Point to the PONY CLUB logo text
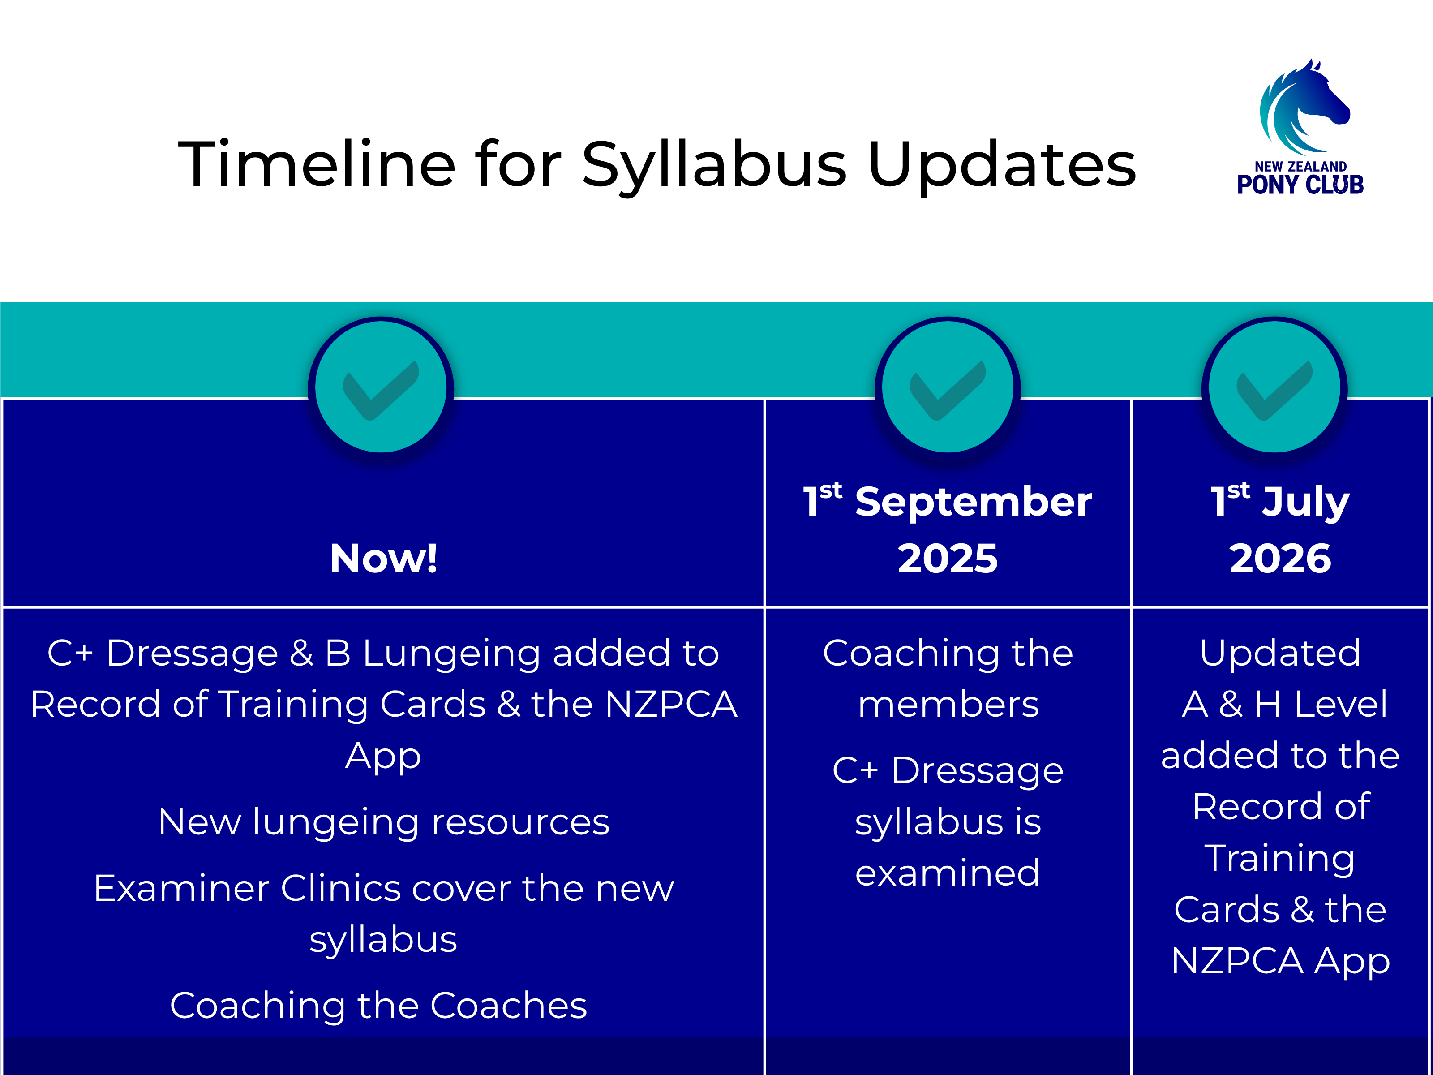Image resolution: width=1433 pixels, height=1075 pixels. coord(1300,185)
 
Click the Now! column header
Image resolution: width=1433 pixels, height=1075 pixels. coord(383,559)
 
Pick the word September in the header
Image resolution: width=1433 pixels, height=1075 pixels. coord(974,503)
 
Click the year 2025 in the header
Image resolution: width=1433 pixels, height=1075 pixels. coord(948,559)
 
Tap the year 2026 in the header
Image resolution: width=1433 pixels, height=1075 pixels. coord(1280,559)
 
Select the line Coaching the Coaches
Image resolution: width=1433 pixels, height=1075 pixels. coord(378,1006)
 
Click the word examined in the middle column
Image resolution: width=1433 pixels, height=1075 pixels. coord(948,873)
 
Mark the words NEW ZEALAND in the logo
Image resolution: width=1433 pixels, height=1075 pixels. coord(1301,167)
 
